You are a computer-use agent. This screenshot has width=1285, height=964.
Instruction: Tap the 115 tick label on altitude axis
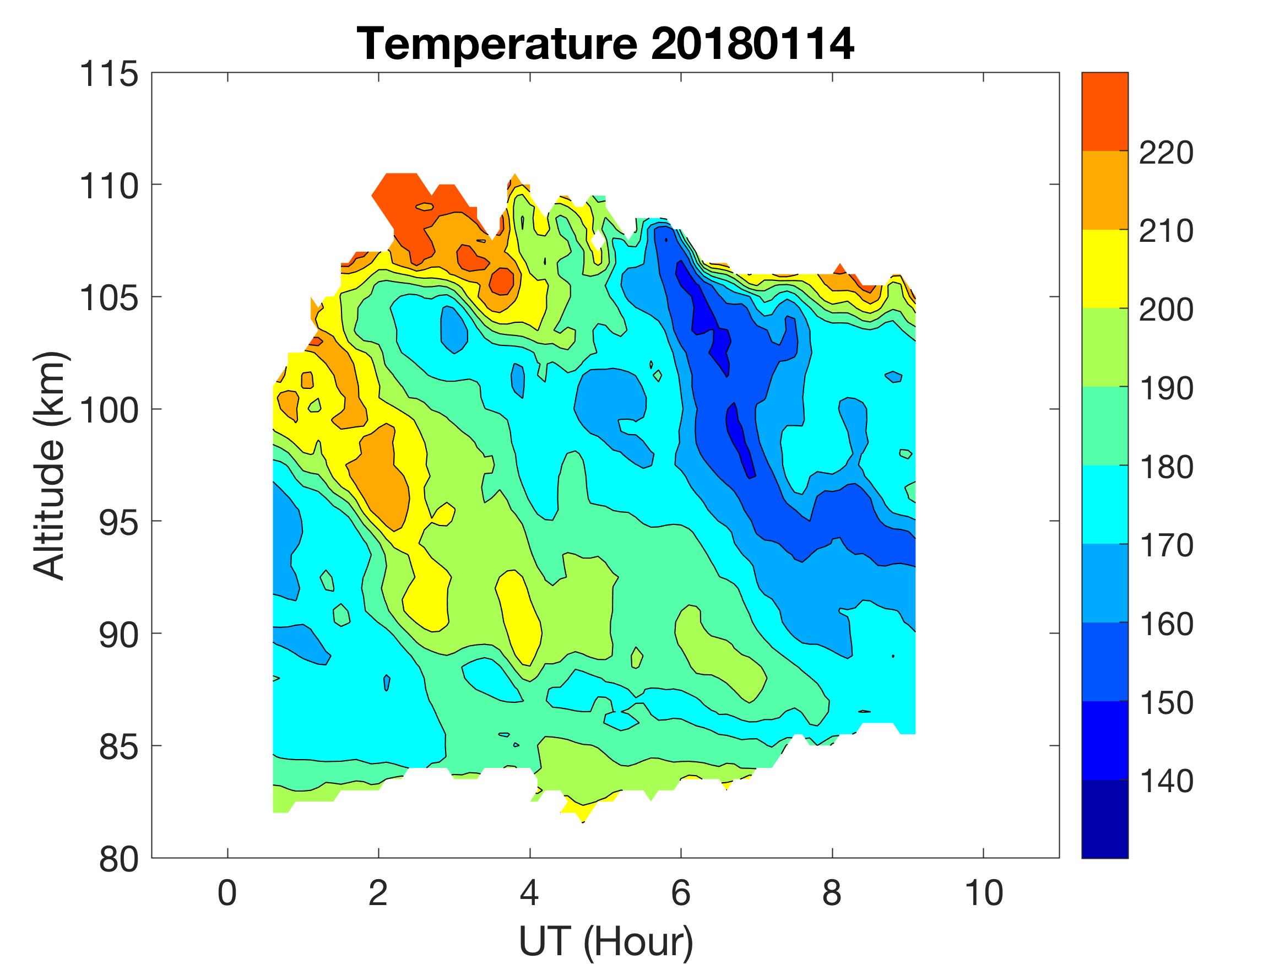109,75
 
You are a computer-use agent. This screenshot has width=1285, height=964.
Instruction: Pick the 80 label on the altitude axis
118,859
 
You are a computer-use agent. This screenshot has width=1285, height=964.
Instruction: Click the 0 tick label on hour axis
227,893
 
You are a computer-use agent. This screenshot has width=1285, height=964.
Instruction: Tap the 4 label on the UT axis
529,893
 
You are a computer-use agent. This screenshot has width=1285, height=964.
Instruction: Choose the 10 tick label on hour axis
984,893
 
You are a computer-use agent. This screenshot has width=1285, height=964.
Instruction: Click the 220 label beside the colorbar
1166,153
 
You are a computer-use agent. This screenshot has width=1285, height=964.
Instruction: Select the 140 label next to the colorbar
1166,782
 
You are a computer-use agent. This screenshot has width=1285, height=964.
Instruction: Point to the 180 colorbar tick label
1166,468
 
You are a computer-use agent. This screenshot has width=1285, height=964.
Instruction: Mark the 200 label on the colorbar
1166,310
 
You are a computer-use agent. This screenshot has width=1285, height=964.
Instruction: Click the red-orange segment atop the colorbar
1104,112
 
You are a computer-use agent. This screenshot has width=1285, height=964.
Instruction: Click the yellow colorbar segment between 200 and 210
1104,268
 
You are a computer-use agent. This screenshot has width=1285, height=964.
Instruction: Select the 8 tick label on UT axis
832,893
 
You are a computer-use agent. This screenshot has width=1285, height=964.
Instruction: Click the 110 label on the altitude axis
109,187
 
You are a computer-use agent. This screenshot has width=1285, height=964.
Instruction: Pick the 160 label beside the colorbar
1166,625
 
